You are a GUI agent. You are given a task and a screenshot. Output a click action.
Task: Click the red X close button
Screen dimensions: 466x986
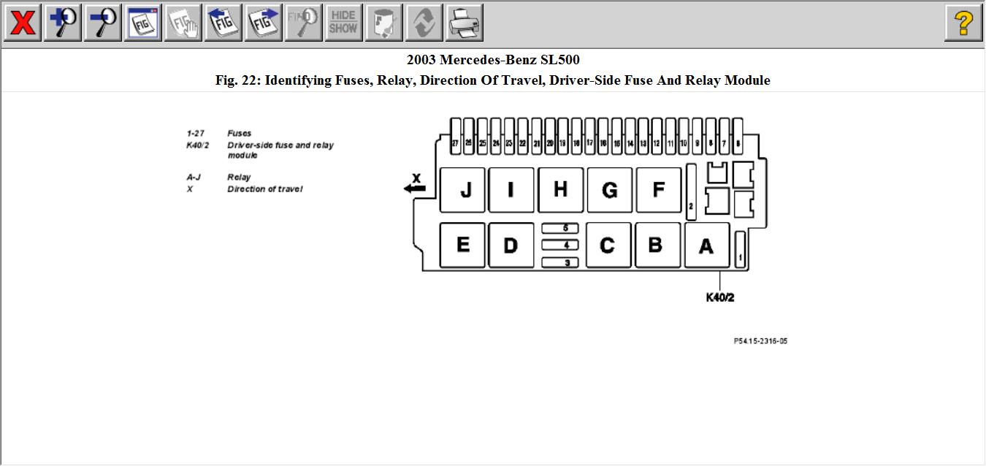pyautogui.click(x=23, y=23)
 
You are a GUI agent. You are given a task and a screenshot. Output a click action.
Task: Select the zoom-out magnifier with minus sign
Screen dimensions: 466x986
pyautogui.click(x=103, y=23)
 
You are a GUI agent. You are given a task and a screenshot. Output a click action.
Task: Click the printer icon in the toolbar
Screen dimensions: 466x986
pyautogui.click(x=464, y=23)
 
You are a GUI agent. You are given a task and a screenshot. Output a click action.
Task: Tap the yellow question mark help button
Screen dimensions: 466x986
pyautogui.click(x=963, y=23)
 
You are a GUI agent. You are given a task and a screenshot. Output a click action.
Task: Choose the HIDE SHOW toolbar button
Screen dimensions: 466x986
pyautogui.click(x=343, y=23)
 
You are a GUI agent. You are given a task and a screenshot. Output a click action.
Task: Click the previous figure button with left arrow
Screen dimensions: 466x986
pyautogui.click(x=223, y=23)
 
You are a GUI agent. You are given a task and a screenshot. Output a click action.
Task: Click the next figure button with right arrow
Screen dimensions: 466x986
pyautogui.click(x=264, y=23)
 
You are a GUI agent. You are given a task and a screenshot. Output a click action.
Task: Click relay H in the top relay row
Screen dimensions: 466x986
pyautogui.click(x=560, y=190)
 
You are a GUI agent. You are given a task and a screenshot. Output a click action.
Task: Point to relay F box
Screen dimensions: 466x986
pyautogui.click(x=658, y=190)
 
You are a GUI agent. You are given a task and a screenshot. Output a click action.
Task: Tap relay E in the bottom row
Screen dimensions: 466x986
pyautogui.click(x=462, y=245)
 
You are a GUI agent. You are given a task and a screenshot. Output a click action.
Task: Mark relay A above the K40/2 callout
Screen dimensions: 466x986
pyautogui.click(x=706, y=246)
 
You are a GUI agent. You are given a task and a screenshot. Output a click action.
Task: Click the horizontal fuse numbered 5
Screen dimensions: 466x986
pyautogui.click(x=560, y=229)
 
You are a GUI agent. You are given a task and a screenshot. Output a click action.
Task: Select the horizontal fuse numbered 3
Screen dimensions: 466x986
pyautogui.click(x=560, y=262)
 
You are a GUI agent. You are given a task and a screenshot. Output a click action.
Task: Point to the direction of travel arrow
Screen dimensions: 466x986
pyautogui.click(x=414, y=189)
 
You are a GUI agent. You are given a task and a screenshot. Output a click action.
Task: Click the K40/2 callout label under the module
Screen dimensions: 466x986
pyautogui.click(x=719, y=297)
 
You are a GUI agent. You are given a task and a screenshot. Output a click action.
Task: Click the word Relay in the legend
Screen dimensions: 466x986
pyautogui.click(x=239, y=177)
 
